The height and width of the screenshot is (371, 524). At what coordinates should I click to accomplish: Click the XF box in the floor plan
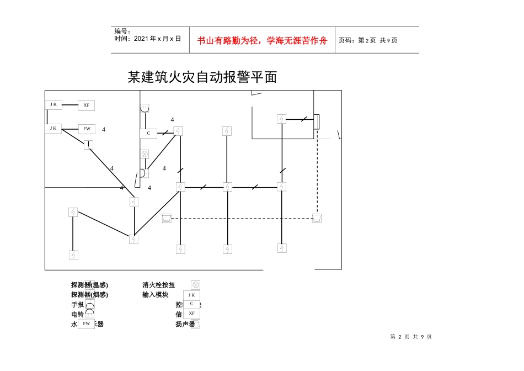coord(86,105)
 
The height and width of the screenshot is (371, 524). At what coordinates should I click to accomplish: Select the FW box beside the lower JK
coord(86,129)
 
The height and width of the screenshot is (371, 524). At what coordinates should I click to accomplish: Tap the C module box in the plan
coord(148,133)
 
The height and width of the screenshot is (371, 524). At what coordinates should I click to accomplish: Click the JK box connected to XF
coord(53,104)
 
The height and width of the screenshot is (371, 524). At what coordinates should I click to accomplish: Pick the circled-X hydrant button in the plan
coord(145,154)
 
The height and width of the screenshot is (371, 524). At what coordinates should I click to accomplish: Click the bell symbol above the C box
coord(145,109)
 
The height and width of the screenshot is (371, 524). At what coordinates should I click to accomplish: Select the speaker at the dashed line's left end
coord(167,219)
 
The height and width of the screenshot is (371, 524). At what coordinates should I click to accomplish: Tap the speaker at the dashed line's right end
coord(317,218)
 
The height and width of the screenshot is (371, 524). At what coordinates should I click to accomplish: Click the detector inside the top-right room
coord(281,119)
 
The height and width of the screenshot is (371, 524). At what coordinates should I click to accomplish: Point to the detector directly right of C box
coord(178,131)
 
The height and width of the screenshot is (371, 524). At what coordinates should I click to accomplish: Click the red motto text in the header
coord(262,40)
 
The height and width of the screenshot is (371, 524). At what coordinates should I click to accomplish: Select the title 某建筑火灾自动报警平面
coord(202,77)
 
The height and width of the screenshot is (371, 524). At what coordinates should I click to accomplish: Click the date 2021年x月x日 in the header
coord(148,39)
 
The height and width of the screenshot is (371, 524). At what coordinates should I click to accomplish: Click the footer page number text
coord(411,337)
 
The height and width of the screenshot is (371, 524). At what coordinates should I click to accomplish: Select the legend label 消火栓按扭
coord(159,285)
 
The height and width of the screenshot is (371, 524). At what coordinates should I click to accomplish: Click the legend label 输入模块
coord(156,294)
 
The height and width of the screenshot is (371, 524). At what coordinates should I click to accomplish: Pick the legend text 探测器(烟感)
coord(89,294)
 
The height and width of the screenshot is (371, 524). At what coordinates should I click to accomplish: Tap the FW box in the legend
coord(86,324)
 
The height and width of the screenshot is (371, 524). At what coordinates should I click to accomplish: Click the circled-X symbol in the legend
coord(195,285)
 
